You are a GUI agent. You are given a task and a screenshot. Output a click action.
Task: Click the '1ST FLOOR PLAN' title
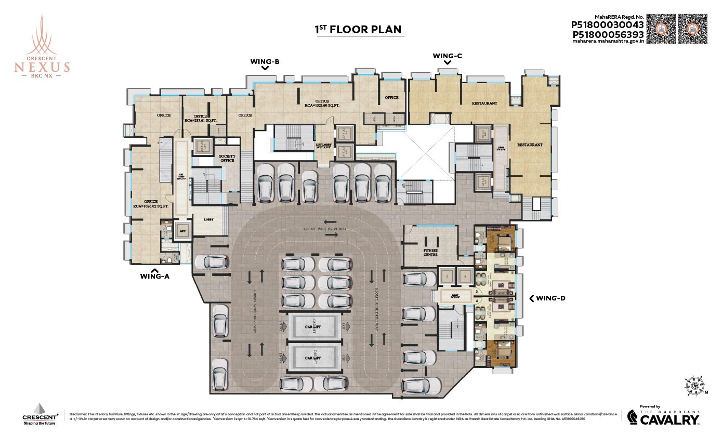tap(358, 29)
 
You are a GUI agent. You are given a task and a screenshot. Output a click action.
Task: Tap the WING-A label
tap(154, 277)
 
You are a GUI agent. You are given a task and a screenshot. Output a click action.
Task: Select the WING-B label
tap(265, 62)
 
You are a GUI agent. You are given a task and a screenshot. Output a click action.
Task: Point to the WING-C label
tap(447, 55)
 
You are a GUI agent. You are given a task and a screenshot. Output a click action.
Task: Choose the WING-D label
tap(550, 298)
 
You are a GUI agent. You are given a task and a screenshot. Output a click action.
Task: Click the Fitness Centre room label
tap(430, 253)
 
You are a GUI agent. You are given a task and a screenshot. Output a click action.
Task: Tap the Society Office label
tap(227, 158)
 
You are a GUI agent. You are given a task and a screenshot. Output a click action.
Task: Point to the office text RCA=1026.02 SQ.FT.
tap(151, 204)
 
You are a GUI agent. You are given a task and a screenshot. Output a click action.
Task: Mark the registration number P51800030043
tap(607, 24)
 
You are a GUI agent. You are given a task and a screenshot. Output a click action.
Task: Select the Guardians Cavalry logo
tap(663, 416)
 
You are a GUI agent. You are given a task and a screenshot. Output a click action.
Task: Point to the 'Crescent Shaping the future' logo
tap(40, 414)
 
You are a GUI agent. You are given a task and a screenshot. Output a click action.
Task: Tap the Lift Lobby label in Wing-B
tap(323, 147)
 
